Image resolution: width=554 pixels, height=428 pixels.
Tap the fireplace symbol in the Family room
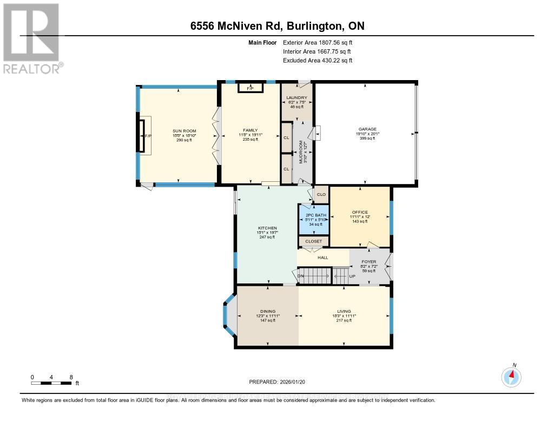tap(250, 88)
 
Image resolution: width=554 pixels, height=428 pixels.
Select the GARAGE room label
tap(366, 129)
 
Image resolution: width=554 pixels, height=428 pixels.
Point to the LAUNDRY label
tap(296, 98)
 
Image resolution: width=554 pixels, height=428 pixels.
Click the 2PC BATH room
tap(314, 219)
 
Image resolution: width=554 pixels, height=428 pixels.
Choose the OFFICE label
tap(360, 212)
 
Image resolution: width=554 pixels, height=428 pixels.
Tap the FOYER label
tap(369, 262)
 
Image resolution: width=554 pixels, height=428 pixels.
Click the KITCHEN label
tap(267, 228)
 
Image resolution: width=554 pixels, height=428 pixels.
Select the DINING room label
tap(268, 311)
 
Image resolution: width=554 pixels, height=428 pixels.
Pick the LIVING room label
tap(344, 311)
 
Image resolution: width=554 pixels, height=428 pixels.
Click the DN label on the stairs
tap(301, 276)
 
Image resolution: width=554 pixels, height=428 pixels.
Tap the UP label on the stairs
tap(352, 276)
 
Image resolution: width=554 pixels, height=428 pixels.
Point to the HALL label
tap(322, 258)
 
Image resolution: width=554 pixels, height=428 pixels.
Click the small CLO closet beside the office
tap(321, 194)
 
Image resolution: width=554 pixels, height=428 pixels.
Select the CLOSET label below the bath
tap(313, 241)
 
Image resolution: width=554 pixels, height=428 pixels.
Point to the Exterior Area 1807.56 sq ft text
tap(318, 42)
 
